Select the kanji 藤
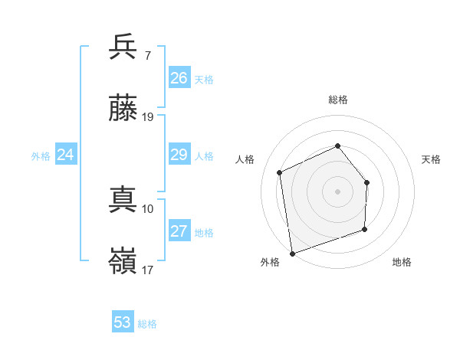(123, 109)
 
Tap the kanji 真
(123, 201)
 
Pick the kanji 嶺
(123, 262)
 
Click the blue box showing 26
(179, 78)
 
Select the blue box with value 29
(179, 155)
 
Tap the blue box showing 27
(179, 231)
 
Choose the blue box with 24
(66, 155)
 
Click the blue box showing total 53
(123, 322)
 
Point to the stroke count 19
(148, 117)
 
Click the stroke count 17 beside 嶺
(148, 270)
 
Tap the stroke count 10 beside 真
(148, 208)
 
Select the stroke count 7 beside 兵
(147, 55)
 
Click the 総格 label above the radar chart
(337, 100)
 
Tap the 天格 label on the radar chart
(432, 159)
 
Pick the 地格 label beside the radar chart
(402, 263)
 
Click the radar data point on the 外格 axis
(292, 253)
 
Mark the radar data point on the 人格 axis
(280, 172)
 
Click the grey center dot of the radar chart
(337, 191)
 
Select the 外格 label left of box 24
(41, 156)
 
